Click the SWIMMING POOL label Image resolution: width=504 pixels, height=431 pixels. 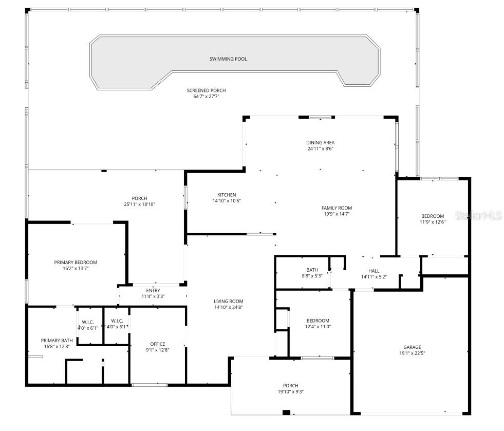click(228, 59)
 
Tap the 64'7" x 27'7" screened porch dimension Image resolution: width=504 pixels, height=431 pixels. click(206, 97)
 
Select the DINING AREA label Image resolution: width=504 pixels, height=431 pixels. click(321, 143)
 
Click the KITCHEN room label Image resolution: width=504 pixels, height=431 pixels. click(227, 195)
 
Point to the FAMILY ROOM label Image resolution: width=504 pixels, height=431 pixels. click(337, 208)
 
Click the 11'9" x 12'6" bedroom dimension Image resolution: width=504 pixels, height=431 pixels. click(433, 222)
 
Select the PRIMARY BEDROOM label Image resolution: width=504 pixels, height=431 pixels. click(76, 263)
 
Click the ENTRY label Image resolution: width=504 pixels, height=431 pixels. click(153, 291)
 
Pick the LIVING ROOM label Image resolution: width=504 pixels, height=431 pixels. click(229, 302)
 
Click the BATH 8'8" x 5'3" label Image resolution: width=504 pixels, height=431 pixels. click(312, 270)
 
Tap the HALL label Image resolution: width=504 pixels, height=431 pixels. click(374, 271)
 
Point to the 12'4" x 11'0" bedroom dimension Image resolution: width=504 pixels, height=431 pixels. click(317, 327)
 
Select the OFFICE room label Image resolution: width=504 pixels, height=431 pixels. click(158, 344)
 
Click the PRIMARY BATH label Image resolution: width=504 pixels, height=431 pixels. click(57, 340)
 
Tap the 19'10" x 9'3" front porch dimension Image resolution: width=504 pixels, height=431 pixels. click(290, 392)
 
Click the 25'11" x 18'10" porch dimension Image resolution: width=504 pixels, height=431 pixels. click(139, 204)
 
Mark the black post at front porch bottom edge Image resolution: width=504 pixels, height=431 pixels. click(286, 413)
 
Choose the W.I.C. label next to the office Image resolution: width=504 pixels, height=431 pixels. click(117, 321)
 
